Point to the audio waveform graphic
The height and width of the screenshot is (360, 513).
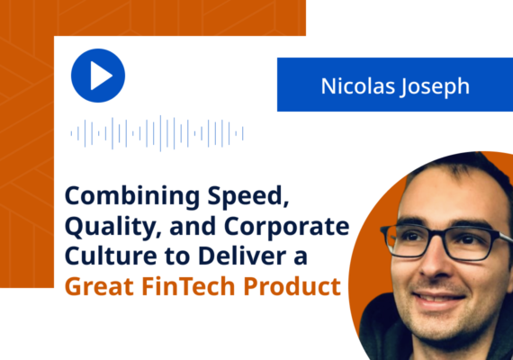point(157,133)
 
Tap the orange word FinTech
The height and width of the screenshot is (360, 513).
point(193,288)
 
